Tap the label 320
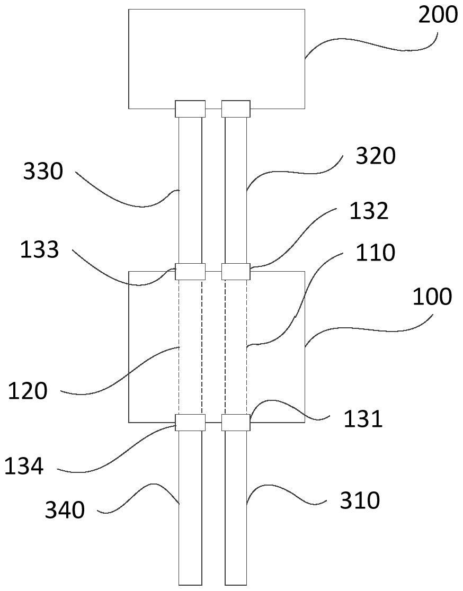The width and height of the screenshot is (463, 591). (x=375, y=156)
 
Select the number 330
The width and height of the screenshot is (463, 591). (x=43, y=172)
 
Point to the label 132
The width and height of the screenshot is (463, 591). (x=369, y=211)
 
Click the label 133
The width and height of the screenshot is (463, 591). (x=39, y=249)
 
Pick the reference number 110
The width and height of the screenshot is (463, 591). (x=375, y=253)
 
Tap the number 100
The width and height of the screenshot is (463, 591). (x=432, y=297)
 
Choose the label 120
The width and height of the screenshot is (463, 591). (x=28, y=391)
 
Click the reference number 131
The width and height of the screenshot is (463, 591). (x=363, y=419)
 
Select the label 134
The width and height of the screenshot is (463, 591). (x=24, y=467)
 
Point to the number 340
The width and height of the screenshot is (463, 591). (x=65, y=511)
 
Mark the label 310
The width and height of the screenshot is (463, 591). (x=360, y=500)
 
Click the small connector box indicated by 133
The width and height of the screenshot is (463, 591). (x=190, y=272)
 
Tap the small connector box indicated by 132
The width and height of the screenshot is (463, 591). (x=236, y=272)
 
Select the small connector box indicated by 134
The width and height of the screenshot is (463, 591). (x=190, y=423)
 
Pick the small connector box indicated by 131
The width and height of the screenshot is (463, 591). (x=236, y=423)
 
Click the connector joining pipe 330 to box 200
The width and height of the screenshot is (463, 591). (x=190, y=109)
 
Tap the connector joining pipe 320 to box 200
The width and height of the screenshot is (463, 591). (x=236, y=109)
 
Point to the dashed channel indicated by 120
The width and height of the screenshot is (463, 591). (x=190, y=347)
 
